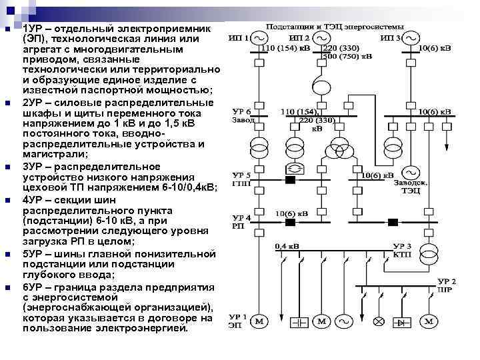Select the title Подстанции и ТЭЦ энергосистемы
[x=335, y=27]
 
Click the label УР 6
[x=241, y=111]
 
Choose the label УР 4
[x=241, y=218]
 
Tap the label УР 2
[x=447, y=281]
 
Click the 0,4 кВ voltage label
[x=287, y=246]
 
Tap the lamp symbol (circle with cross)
[x=378, y=322]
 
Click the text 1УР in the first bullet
[x=31, y=30]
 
